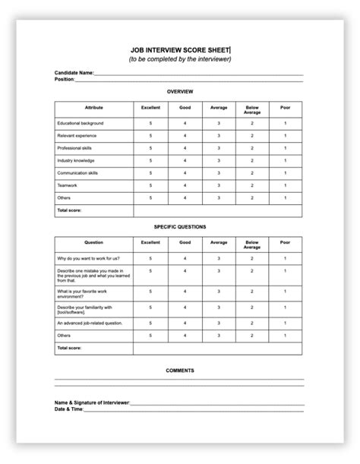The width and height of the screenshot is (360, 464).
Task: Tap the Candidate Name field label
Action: tap(74, 73)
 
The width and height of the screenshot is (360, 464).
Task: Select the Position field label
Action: tap(65, 79)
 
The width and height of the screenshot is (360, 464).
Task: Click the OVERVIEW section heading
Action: tap(180, 91)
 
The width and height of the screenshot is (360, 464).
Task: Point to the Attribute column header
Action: tap(94, 109)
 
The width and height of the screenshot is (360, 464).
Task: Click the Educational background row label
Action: tap(81, 122)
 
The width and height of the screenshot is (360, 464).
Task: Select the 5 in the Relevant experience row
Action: tap(150, 135)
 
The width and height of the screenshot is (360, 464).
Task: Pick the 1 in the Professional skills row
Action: tap(286, 147)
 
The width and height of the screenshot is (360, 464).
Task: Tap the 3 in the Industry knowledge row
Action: tap(219, 160)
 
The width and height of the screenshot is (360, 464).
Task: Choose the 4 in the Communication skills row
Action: tap(185, 172)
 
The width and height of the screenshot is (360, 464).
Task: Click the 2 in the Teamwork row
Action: tap(252, 185)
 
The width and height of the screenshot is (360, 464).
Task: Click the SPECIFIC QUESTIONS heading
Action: tap(180, 226)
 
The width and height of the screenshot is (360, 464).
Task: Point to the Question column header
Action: tap(94, 243)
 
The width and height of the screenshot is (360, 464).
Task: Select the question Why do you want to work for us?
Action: tap(87, 259)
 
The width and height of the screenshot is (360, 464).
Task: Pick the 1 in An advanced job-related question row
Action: tap(286, 323)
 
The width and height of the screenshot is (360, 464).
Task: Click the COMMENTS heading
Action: tap(180, 371)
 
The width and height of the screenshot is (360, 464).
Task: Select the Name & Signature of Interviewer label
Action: tap(92, 402)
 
